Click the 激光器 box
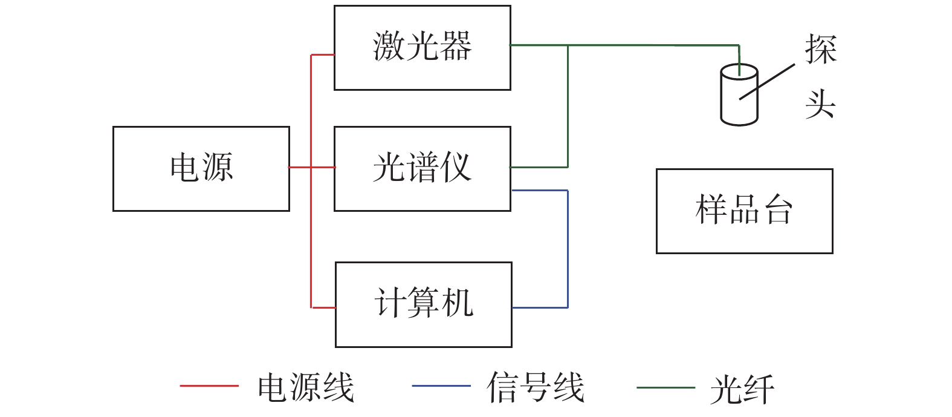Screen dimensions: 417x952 [x=422, y=48]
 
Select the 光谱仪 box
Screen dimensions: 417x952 [x=422, y=168]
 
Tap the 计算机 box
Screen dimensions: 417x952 [x=423, y=304]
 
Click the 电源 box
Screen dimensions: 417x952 [x=201, y=168]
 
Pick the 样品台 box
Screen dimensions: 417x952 [x=744, y=211]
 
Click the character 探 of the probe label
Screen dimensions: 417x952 [x=820, y=49]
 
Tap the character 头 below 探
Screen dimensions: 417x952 [x=820, y=104]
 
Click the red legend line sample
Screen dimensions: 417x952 [x=209, y=386]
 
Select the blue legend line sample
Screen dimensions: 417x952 [x=441, y=386]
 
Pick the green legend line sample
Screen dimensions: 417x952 [x=665, y=387]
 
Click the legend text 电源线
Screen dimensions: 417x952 [x=305, y=387]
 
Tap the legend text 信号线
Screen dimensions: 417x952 [x=536, y=387]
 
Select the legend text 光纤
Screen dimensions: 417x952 [x=742, y=389]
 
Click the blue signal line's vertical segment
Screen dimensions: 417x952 [x=568, y=248]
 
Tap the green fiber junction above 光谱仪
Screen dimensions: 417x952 [x=568, y=45]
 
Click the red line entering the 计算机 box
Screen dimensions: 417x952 [x=323, y=307]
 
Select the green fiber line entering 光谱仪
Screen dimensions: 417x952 [x=538, y=166]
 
